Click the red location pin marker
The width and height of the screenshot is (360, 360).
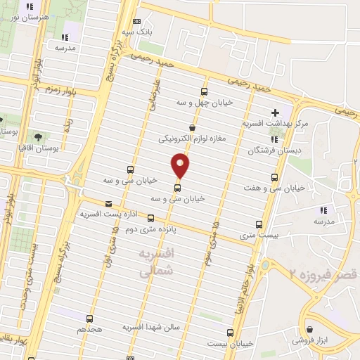point(181,166)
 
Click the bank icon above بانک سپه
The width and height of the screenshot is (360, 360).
point(136,22)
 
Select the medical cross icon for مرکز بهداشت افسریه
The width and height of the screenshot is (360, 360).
point(275,112)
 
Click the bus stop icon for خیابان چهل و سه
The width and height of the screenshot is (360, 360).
point(204,91)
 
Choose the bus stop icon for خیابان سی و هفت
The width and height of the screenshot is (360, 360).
point(274,177)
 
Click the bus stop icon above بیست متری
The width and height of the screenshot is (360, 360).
point(259,225)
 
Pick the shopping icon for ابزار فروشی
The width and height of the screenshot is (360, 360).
point(309,328)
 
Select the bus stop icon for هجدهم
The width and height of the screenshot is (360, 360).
point(89,319)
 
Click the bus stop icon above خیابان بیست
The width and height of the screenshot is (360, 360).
point(229,333)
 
